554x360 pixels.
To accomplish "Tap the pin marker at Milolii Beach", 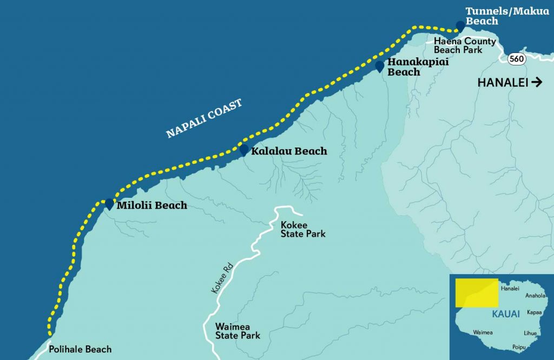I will click(109, 204).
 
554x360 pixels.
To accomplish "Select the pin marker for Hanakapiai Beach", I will click(380, 66).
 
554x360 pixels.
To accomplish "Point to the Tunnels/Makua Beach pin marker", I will click(460, 25).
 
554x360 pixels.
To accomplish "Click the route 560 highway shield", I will click(517, 59).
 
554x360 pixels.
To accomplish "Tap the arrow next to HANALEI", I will click(537, 82).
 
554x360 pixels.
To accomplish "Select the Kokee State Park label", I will click(303, 229).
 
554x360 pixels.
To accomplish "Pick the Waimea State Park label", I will click(238, 331).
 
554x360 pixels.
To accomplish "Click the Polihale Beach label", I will click(80, 349).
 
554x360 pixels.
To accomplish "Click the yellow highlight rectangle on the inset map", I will click(476, 292).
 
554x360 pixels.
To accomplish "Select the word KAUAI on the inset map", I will click(506, 314).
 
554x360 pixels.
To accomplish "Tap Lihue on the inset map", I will click(531, 334).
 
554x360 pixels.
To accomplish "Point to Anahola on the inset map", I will click(536, 296).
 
